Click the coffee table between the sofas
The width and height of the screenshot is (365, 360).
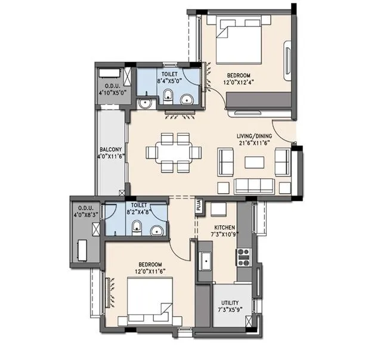[255, 162]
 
